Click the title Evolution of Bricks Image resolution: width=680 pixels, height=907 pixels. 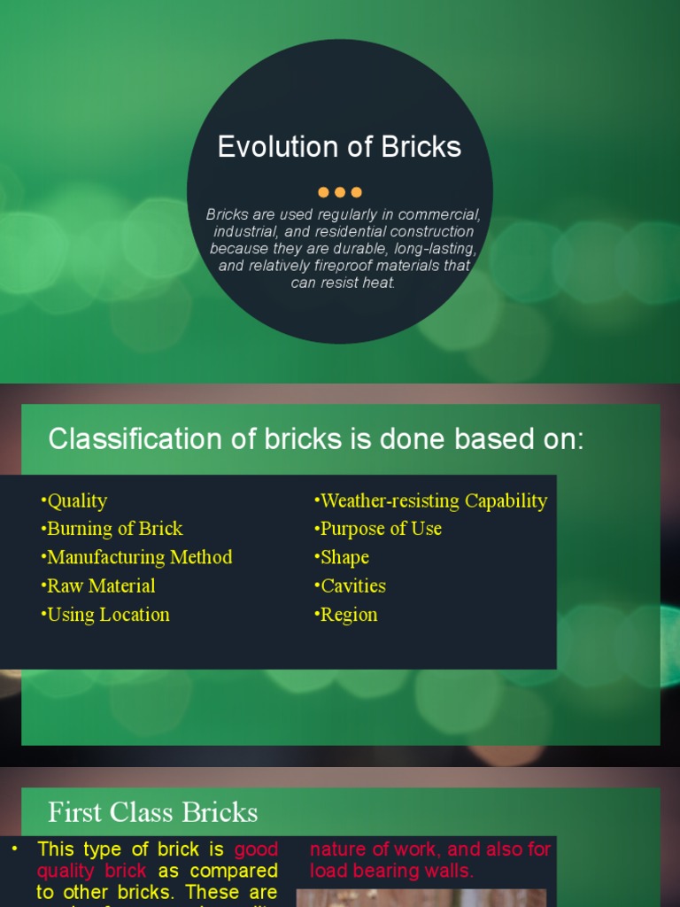(x=339, y=147)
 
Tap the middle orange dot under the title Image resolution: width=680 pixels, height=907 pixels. (x=340, y=192)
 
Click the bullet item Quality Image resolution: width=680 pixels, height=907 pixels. (x=74, y=501)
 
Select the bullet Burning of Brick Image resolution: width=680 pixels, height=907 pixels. (x=112, y=529)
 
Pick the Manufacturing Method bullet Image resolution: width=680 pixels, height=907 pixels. (x=136, y=557)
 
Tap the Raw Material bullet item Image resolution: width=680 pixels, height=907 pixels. (x=98, y=585)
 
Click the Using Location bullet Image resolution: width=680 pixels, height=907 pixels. (x=105, y=615)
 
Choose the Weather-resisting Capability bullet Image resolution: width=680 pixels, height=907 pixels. (x=431, y=501)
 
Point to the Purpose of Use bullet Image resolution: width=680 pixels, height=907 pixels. (x=378, y=529)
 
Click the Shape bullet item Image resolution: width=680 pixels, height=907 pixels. (x=342, y=557)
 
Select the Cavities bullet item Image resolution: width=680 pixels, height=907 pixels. (x=351, y=585)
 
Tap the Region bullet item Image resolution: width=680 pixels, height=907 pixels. (x=346, y=615)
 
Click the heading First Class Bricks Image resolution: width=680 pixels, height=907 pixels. (x=152, y=812)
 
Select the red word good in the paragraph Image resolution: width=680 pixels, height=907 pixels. (x=256, y=849)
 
